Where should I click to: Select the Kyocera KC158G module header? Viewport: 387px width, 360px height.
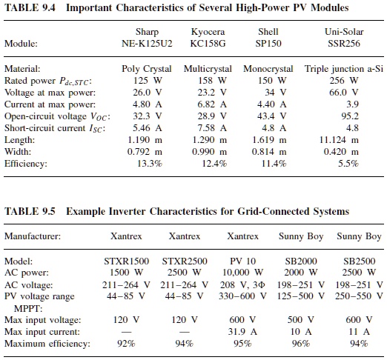207,38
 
